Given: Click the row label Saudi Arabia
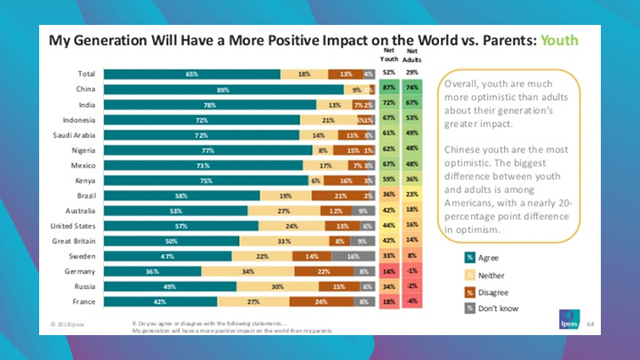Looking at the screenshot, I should [x=76, y=135].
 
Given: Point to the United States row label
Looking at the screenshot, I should [x=75, y=226].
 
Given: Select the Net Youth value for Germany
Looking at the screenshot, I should [x=388, y=271].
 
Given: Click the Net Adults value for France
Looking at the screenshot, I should [x=412, y=301].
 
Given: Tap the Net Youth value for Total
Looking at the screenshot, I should [x=388, y=75].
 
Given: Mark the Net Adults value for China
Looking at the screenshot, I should [x=412, y=90].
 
